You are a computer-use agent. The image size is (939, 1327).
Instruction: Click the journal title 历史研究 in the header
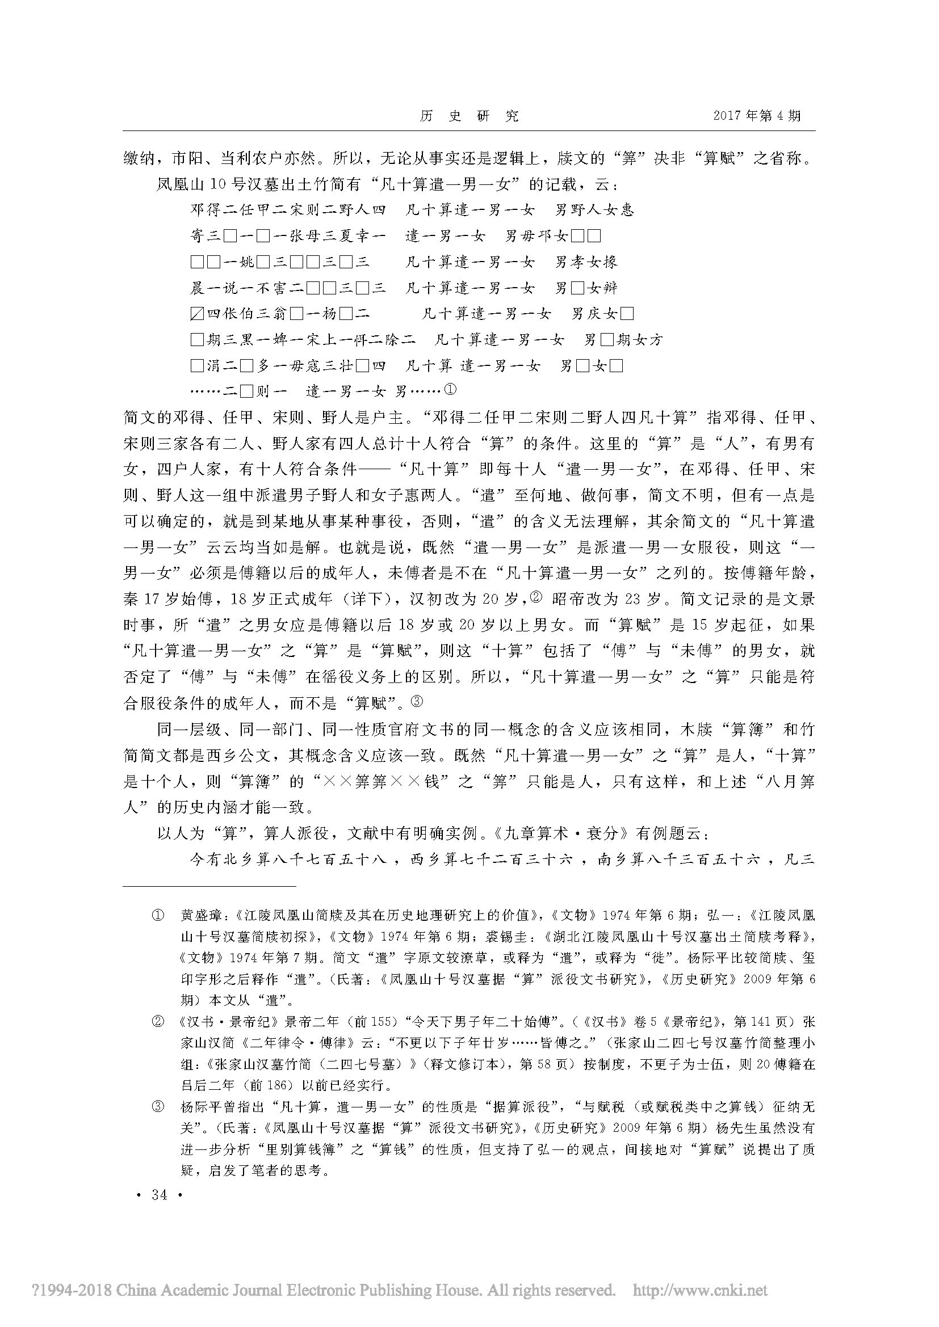pyautogui.click(x=469, y=116)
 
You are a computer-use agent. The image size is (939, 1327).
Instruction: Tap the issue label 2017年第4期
pyautogui.click(x=757, y=116)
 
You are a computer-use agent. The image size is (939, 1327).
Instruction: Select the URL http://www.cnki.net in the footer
pyautogui.click(x=701, y=1290)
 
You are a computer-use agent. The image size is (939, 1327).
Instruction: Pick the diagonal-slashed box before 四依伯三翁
pyautogui.click(x=196, y=314)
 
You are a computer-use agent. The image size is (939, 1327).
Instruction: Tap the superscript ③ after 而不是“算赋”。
pyautogui.click(x=417, y=701)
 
